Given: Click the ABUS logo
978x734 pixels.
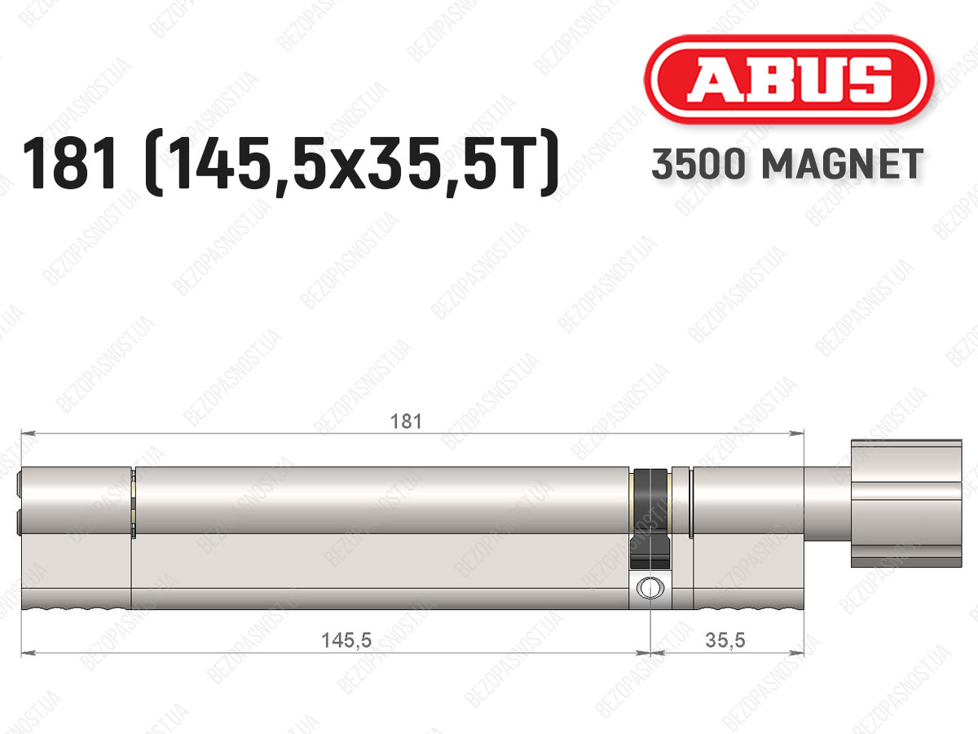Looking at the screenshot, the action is click(x=789, y=80).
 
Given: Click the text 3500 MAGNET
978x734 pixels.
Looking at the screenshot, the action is click(x=787, y=164).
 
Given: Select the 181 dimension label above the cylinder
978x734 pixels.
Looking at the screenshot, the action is click(x=405, y=421).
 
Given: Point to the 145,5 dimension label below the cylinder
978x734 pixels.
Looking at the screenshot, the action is click(x=346, y=640).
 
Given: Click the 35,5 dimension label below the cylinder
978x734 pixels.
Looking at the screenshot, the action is click(x=725, y=640).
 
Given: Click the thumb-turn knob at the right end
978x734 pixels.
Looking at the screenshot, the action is click(x=906, y=503).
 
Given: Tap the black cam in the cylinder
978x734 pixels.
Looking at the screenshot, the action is click(x=650, y=520).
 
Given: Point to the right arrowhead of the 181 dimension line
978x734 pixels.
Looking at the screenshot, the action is click(x=798, y=433).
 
